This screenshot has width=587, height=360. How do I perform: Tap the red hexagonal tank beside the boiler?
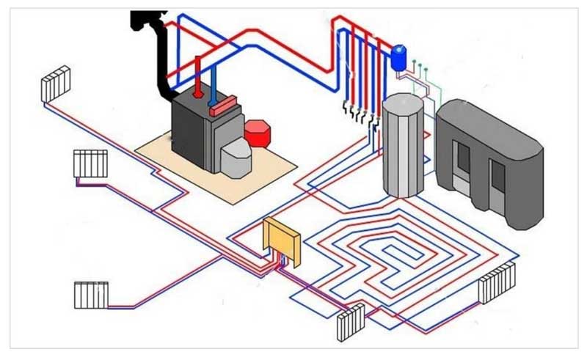[x=258, y=133]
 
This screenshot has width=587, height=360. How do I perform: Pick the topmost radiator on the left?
[x=56, y=84]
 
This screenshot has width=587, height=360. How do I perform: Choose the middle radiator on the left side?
[x=91, y=163]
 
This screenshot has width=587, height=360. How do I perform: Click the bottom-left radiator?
[x=91, y=295]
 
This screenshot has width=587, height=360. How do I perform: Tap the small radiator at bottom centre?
[x=351, y=322]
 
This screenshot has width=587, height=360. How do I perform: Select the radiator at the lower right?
[x=497, y=282]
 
